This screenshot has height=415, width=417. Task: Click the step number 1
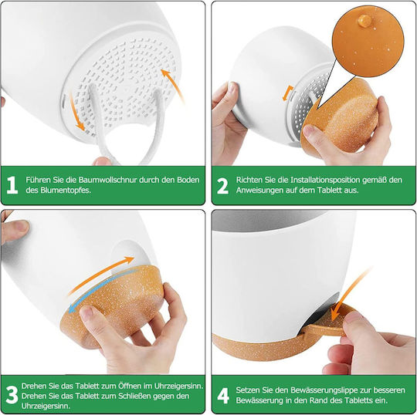(x=12, y=185)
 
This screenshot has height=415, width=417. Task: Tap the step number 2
(x=222, y=185)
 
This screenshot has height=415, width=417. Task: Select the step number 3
(x=12, y=395)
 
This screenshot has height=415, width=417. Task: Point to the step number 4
(x=223, y=396)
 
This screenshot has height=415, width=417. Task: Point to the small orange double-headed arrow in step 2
(x=287, y=93)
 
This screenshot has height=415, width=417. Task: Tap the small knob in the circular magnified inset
(x=364, y=21)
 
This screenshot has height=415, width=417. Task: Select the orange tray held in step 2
(x=343, y=114)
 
